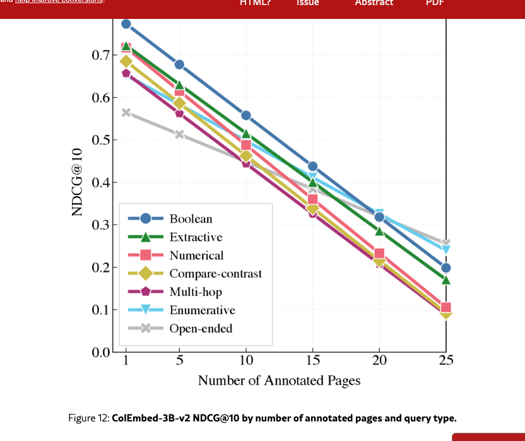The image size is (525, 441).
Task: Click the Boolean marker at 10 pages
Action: pyautogui.click(x=246, y=115)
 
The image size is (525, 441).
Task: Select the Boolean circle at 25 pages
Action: pyautogui.click(x=445, y=268)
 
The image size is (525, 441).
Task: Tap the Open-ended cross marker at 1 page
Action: pyautogui.click(x=126, y=112)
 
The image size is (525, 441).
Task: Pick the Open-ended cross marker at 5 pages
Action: pyautogui.click(x=179, y=134)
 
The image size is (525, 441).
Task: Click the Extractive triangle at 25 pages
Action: pyautogui.click(x=445, y=279)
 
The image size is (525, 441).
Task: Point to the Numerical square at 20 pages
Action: pyautogui.click(x=379, y=254)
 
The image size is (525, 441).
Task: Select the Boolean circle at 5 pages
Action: pyautogui.click(x=179, y=64)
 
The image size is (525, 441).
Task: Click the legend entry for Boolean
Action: pyautogui.click(x=191, y=219)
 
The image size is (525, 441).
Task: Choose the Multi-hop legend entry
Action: pyautogui.click(x=196, y=291)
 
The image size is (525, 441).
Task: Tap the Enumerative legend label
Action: pyautogui.click(x=202, y=310)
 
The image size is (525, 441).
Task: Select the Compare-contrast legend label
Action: pyautogui.click(x=215, y=274)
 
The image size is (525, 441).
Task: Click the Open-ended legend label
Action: pyautogui.click(x=201, y=328)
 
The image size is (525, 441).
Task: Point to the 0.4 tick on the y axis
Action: pyautogui.click(x=100, y=183)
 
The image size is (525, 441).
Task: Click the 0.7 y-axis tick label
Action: pyautogui.click(x=100, y=55)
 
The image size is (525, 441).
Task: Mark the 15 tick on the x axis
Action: pyautogui.click(x=312, y=361)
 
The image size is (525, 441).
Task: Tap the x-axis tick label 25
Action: pyautogui.click(x=445, y=361)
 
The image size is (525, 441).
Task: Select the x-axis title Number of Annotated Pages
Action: pyautogui.click(x=279, y=380)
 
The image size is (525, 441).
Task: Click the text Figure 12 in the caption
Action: pyautogui.click(x=88, y=418)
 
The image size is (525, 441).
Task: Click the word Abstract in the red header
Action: pyautogui.click(x=374, y=3)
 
